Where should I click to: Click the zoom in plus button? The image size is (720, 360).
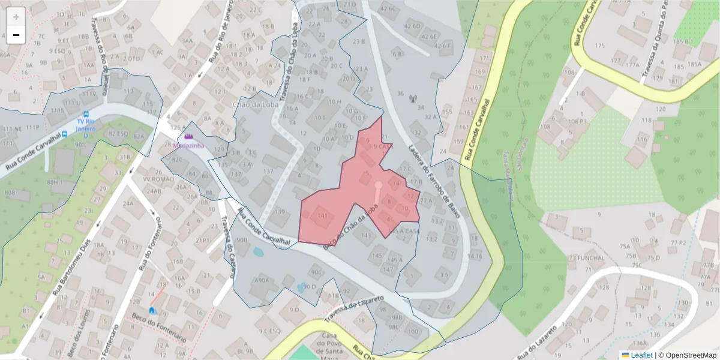tap(16, 17)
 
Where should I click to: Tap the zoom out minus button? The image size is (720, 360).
tap(16, 35)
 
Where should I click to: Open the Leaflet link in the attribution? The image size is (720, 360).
tap(641, 355)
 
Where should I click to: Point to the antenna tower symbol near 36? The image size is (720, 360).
tap(412, 98)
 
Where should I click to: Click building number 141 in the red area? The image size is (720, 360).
tap(323, 216)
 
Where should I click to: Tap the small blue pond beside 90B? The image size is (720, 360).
tap(257, 252)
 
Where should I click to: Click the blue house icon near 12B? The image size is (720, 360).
tap(152, 310)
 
